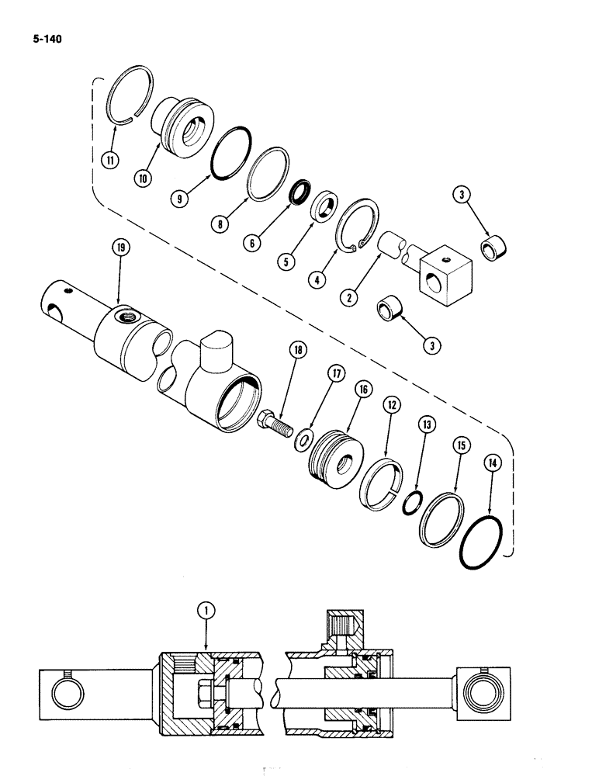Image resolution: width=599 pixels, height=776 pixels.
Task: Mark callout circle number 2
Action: click(x=351, y=296)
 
